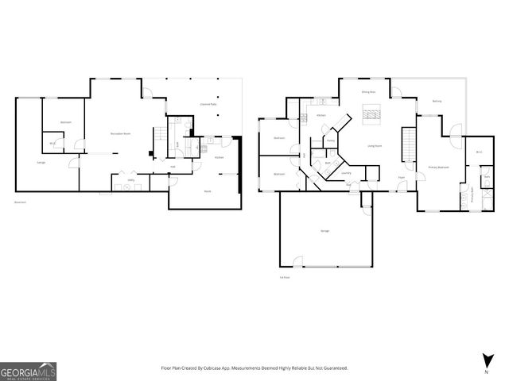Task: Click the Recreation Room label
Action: point(121,133)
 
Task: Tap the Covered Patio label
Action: point(209,104)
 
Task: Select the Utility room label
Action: point(131,180)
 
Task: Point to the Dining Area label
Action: point(368,93)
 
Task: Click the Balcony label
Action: point(437,101)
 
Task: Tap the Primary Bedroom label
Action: point(439,167)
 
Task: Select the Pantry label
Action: point(331,140)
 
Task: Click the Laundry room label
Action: point(346,172)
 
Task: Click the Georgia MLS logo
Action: point(28,371)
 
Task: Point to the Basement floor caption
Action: point(20,202)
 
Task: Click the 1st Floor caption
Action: point(284,277)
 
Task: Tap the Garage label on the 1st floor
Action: point(325,230)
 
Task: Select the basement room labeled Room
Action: point(207,191)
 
